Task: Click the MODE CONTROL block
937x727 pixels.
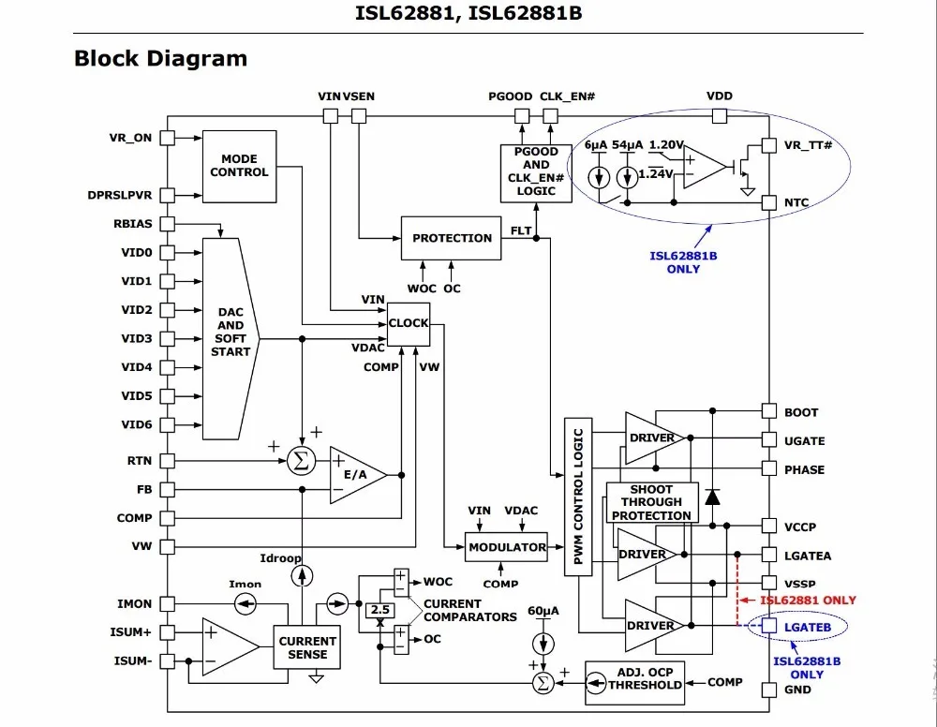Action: [239, 166]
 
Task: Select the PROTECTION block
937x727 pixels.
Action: [452, 238]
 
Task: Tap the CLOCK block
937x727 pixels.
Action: [409, 323]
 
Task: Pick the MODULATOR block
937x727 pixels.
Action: [507, 547]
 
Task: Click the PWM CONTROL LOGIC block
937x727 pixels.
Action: [577, 496]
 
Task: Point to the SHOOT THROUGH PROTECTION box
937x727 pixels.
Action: [651, 502]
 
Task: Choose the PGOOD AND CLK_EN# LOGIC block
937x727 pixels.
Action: [536, 171]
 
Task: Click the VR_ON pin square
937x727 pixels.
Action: [167, 138]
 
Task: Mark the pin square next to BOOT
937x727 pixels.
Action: [768, 411]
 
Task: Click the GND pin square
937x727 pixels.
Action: [768, 690]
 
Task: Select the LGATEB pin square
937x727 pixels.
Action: [768, 626]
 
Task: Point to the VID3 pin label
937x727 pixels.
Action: [136, 338]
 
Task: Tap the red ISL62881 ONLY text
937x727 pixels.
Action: [808, 601]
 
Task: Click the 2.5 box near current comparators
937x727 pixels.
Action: [379, 610]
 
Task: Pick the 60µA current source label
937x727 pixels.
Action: [543, 611]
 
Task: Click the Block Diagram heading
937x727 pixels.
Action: [160, 58]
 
